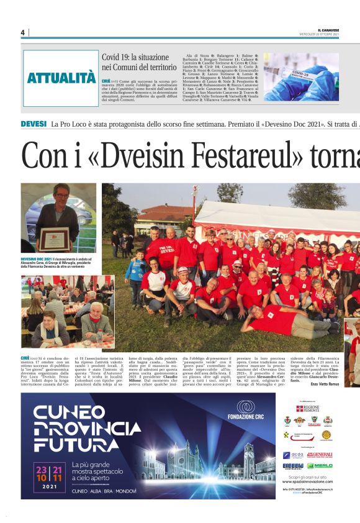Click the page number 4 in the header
22,33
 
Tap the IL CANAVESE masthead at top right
328,30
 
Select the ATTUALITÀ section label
61,78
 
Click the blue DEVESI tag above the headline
34,124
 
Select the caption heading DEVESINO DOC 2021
39,257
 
